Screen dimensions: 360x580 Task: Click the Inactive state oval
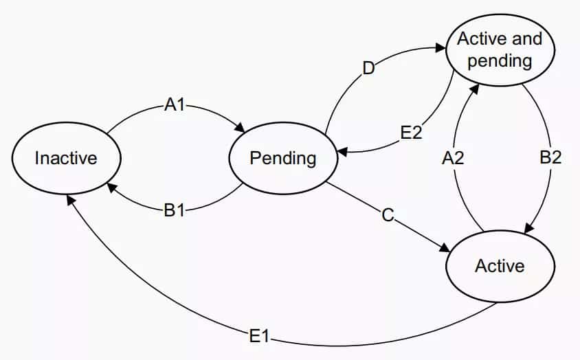[x=66, y=159]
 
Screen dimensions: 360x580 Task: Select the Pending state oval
[x=283, y=159]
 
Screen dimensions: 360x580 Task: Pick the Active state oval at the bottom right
[x=500, y=265]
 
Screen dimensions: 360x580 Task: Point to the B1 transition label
[x=175, y=210]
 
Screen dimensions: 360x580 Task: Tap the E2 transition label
[x=411, y=133]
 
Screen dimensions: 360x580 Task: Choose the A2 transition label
[x=453, y=158]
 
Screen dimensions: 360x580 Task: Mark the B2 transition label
[x=551, y=157]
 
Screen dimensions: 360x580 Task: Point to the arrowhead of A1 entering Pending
[x=241, y=128]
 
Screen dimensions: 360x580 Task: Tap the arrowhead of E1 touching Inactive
[x=70, y=199]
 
